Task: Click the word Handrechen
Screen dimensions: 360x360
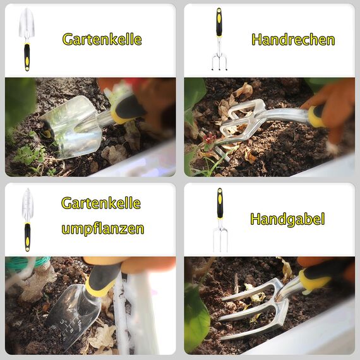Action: [x=292, y=40]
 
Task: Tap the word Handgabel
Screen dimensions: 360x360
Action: [x=287, y=219]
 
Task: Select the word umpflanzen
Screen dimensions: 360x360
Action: [x=102, y=228]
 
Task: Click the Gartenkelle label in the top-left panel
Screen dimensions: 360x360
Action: [x=102, y=39]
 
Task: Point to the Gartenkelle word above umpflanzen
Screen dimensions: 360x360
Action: [x=101, y=203]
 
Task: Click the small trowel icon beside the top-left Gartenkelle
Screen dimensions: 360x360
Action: [x=27, y=39]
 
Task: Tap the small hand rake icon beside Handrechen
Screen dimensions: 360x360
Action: [x=219, y=39]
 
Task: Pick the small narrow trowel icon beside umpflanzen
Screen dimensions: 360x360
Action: [x=27, y=219]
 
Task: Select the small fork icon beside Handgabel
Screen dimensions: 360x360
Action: [x=220, y=219]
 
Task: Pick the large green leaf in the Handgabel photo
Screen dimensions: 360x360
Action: [x=196, y=319]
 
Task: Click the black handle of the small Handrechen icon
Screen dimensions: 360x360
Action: [x=219, y=24]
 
